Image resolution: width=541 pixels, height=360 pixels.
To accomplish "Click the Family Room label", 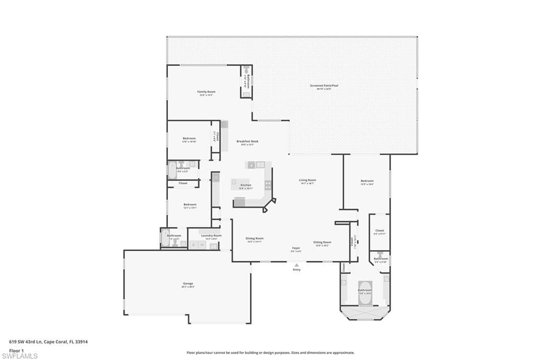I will coord(206,92).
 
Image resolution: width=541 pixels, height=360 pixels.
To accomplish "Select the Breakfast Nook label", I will coord(247,141).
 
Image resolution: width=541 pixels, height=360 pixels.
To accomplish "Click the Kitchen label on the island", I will coord(246,185).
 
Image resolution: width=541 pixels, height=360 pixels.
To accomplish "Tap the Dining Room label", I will coord(255,239).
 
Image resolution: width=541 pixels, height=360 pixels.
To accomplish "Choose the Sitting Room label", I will coord(322,242).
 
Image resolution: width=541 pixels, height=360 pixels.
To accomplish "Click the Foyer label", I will coord(296,248).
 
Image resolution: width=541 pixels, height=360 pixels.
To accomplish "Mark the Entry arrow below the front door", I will coord(297,266).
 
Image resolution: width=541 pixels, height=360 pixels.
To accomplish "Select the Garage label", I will coord(188,284).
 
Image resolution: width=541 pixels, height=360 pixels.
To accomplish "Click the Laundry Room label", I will coord(211,235).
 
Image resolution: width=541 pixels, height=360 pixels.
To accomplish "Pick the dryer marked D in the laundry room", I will coord(194,245).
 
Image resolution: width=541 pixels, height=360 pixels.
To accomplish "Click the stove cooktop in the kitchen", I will coord(268,185).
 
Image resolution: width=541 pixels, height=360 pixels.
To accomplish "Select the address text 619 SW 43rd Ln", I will coord(26,342).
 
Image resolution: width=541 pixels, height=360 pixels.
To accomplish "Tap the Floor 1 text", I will coord(16,349).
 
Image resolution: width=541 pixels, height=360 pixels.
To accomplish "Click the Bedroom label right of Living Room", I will coord(367,181).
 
